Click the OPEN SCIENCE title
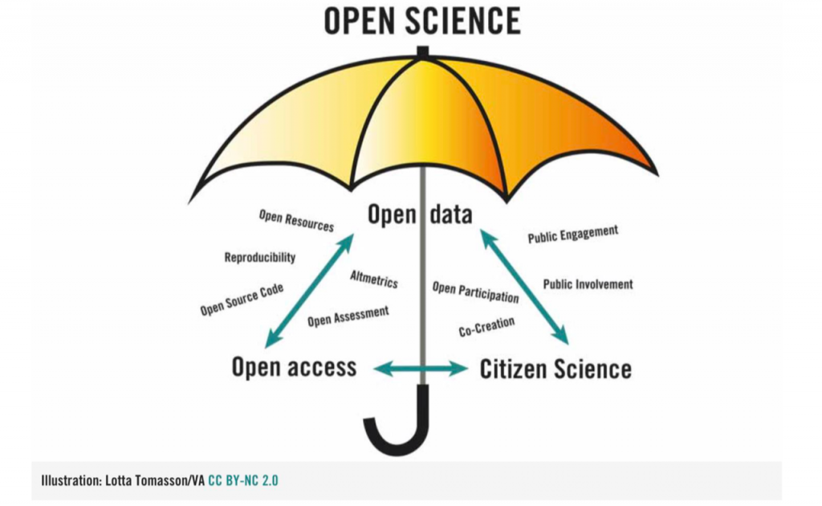click(x=422, y=21)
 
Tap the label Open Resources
click(x=296, y=221)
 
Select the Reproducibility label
click(x=260, y=258)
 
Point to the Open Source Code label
click(x=242, y=300)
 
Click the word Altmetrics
click(x=374, y=279)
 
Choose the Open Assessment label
click(x=348, y=316)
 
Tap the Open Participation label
click(x=475, y=292)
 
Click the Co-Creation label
click(x=486, y=327)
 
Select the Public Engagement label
click(x=573, y=235)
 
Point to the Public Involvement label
click(x=588, y=284)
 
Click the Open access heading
click(x=294, y=366)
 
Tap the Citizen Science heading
click(x=555, y=369)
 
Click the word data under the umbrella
click(x=451, y=214)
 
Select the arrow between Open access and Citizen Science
click(x=421, y=369)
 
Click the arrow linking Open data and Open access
click(x=309, y=291)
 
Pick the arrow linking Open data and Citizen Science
click(x=524, y=287)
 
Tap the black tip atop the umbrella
click(x=422, y=52)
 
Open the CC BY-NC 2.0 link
click(x=243, y=480)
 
